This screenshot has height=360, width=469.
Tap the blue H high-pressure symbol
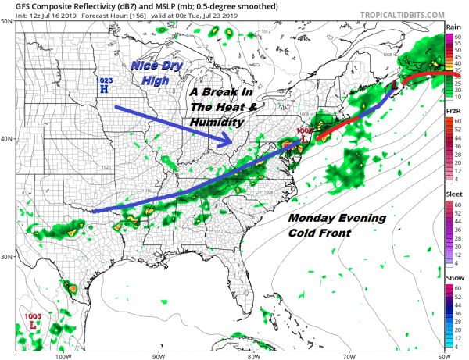pyautogui.click(x=103, y=90)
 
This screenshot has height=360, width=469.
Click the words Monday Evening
pyautogui.click(x=336, y=218)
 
